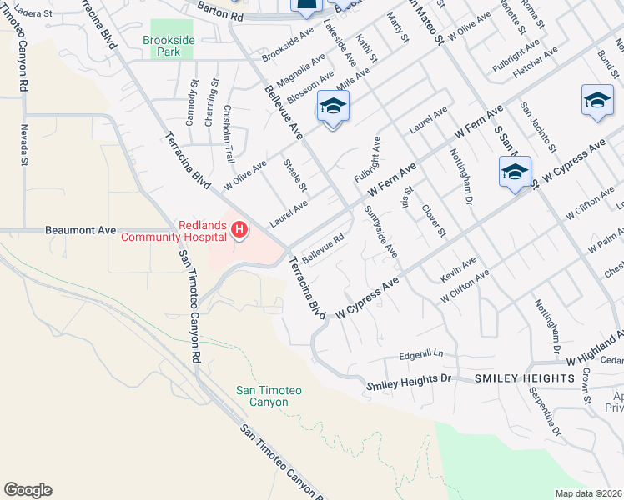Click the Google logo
(x=28, y=490)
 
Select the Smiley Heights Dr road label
(x=409, y=382)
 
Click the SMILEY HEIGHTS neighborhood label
(x=525, y=378)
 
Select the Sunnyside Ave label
(x=380, y=232)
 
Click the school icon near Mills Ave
(x=333, y=107)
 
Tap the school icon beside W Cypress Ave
(x=515, y=173)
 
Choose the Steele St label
(x=296, y=174)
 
